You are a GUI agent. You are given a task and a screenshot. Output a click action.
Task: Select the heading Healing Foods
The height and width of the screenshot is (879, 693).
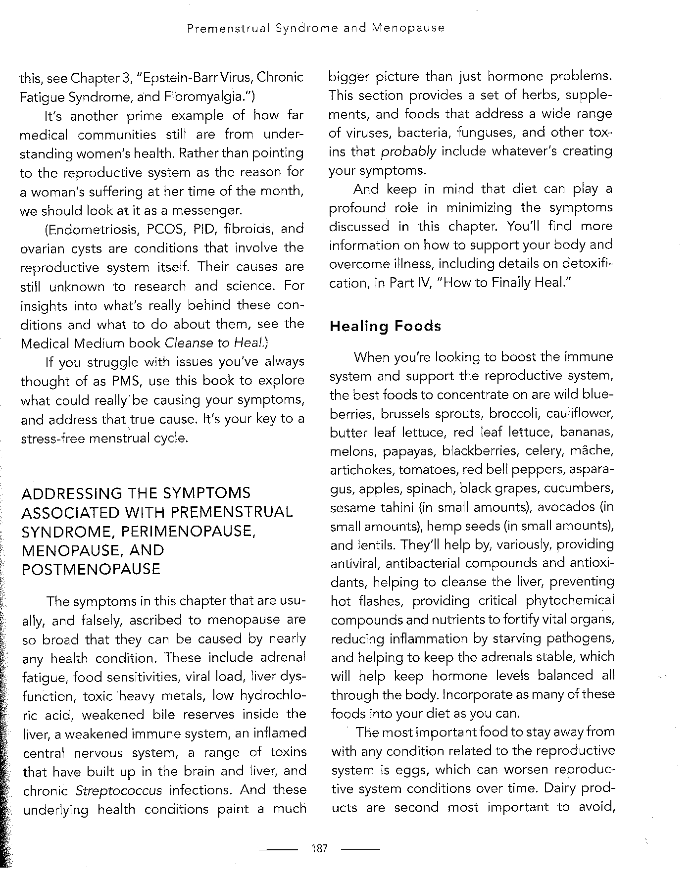385,326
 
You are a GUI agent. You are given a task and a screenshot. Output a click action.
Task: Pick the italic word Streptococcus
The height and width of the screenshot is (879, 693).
119,790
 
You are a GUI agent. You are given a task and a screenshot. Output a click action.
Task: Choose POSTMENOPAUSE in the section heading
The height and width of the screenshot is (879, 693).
91,569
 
